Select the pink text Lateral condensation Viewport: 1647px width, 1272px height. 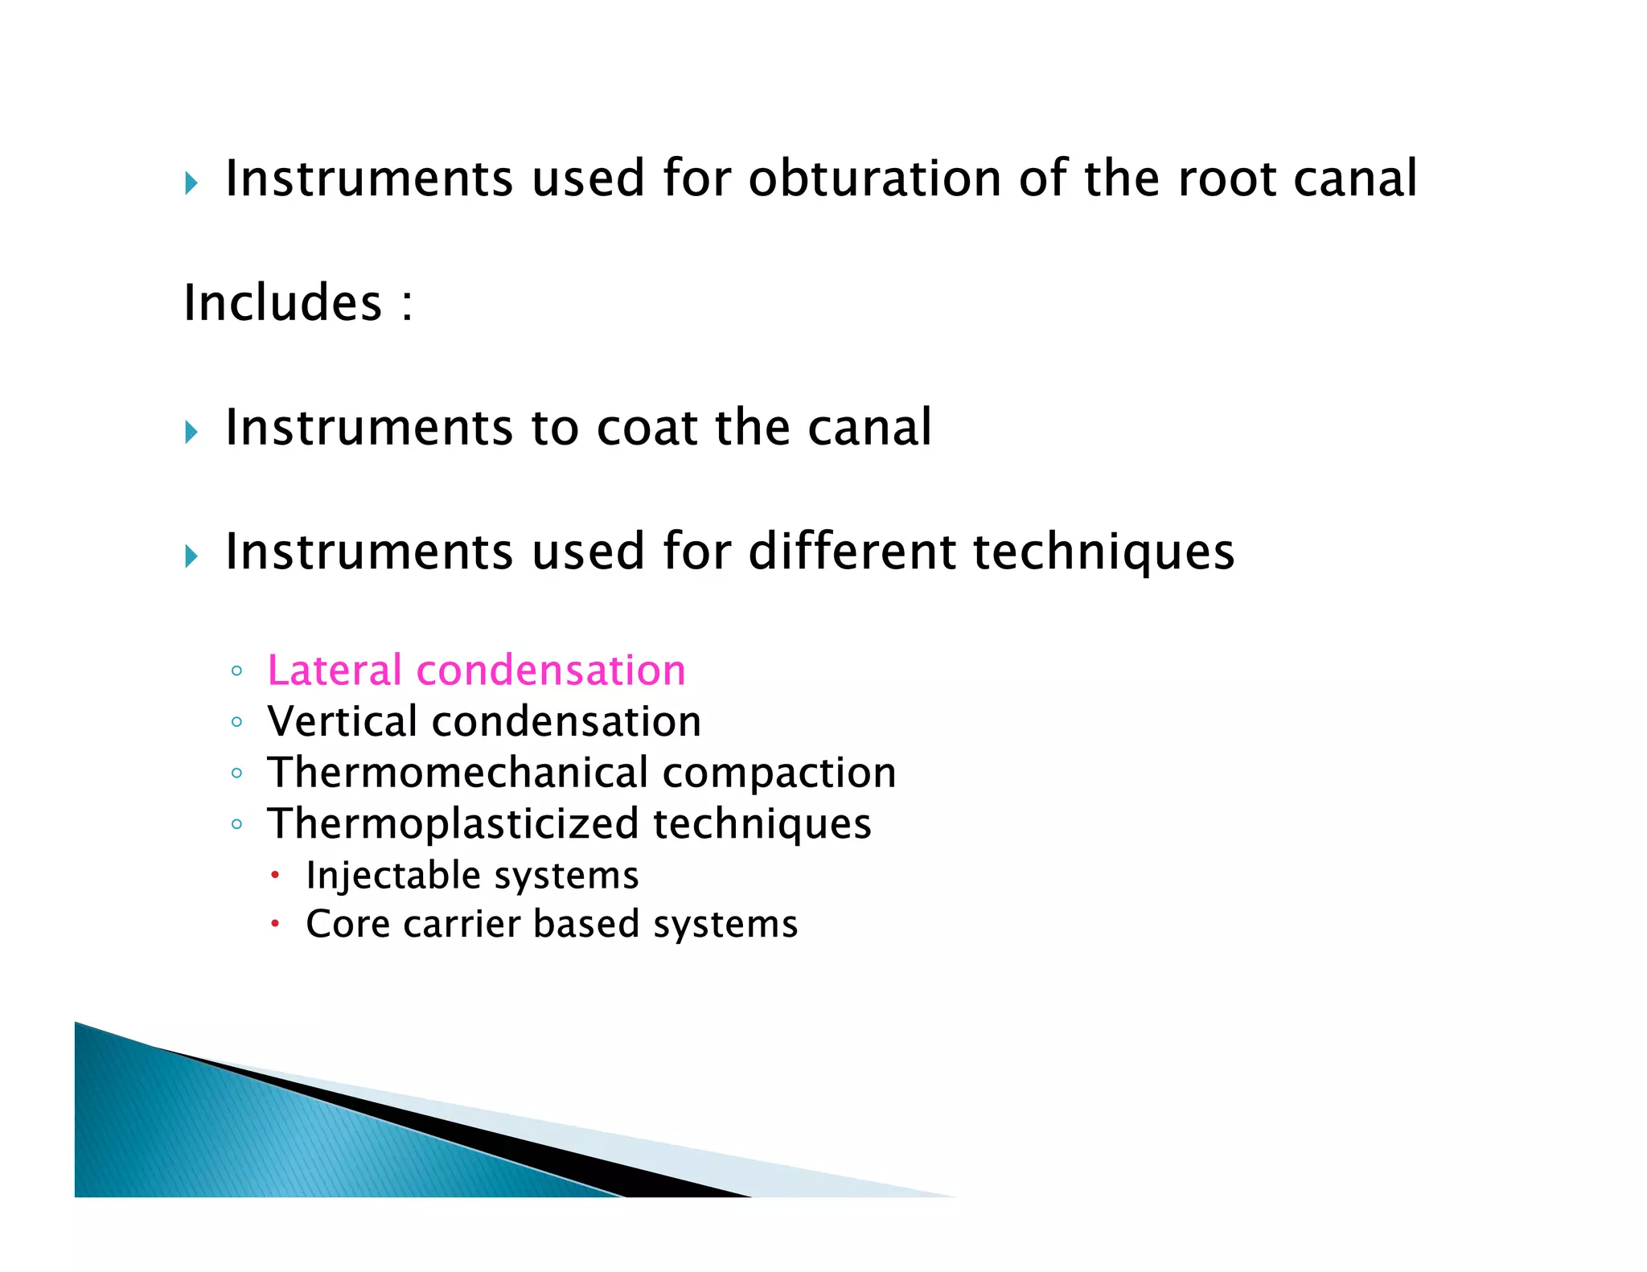point(476,671)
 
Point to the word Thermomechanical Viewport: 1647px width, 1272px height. point(458,773)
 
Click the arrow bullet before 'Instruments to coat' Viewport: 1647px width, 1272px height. point(191,433)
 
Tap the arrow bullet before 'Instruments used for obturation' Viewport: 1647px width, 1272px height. point(191,184)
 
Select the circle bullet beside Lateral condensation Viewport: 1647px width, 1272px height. point(236,671)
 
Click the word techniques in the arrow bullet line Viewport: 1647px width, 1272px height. point(1103,552)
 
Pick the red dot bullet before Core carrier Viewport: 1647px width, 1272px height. point(275,924)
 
